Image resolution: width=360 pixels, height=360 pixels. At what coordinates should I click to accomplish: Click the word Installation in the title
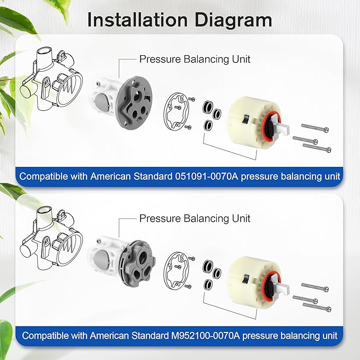coord(138,20)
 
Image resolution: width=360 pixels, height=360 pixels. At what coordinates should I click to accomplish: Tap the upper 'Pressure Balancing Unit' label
coord(195,59)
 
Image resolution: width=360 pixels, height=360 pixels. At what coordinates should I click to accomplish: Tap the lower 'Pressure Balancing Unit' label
coord(195,218)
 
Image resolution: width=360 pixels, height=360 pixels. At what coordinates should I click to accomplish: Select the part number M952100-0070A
coord(206,336)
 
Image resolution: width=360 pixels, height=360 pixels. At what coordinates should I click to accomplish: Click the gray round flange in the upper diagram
coord(134,103)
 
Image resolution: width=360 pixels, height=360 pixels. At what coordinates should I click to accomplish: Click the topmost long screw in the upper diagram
coord(315,127)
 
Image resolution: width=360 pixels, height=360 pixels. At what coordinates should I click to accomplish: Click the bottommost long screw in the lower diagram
coord(317,307)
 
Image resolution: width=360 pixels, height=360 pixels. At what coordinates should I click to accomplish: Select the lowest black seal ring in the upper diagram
coord(208,125)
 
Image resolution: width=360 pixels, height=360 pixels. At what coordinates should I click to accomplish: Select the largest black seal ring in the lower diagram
coord(207,266)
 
